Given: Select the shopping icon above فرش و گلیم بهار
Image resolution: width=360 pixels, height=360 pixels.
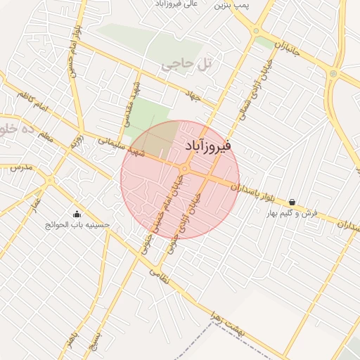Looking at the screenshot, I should pyautogui.click(x=292, y=202).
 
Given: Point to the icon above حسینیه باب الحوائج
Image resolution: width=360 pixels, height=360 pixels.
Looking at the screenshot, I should pyautogui.click(x=77, y=214).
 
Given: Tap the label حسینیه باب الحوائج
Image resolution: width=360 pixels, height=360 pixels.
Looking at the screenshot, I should pyautogui.click(x=77, y=225).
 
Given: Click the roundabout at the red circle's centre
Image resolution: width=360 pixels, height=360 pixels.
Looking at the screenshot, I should pyautogui.click(x=184, y=169).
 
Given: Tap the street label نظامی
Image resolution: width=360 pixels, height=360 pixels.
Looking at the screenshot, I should pyautogui.click(x=159, y=276).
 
